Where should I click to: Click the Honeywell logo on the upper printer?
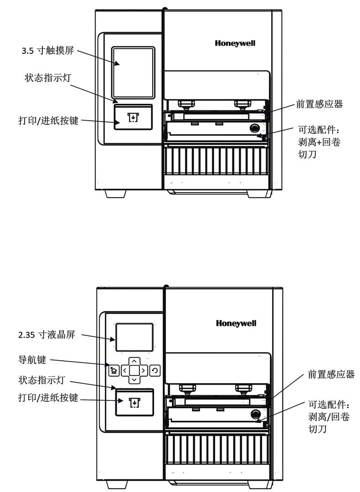(235, 43)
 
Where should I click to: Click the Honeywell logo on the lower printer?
(236, 323)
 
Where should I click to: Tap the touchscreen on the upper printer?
(133, 72)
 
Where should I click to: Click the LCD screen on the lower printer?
(134, 338)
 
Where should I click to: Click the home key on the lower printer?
(113, 371)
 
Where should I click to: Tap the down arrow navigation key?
(134, 380)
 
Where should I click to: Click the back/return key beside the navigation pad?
(155, 371)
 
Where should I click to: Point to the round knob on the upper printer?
(254, 128)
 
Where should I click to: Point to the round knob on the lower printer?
(255, 414)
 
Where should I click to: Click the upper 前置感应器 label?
(319, 104)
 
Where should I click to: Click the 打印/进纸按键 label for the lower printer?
(48, 398)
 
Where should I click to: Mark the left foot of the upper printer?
(115, 194)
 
